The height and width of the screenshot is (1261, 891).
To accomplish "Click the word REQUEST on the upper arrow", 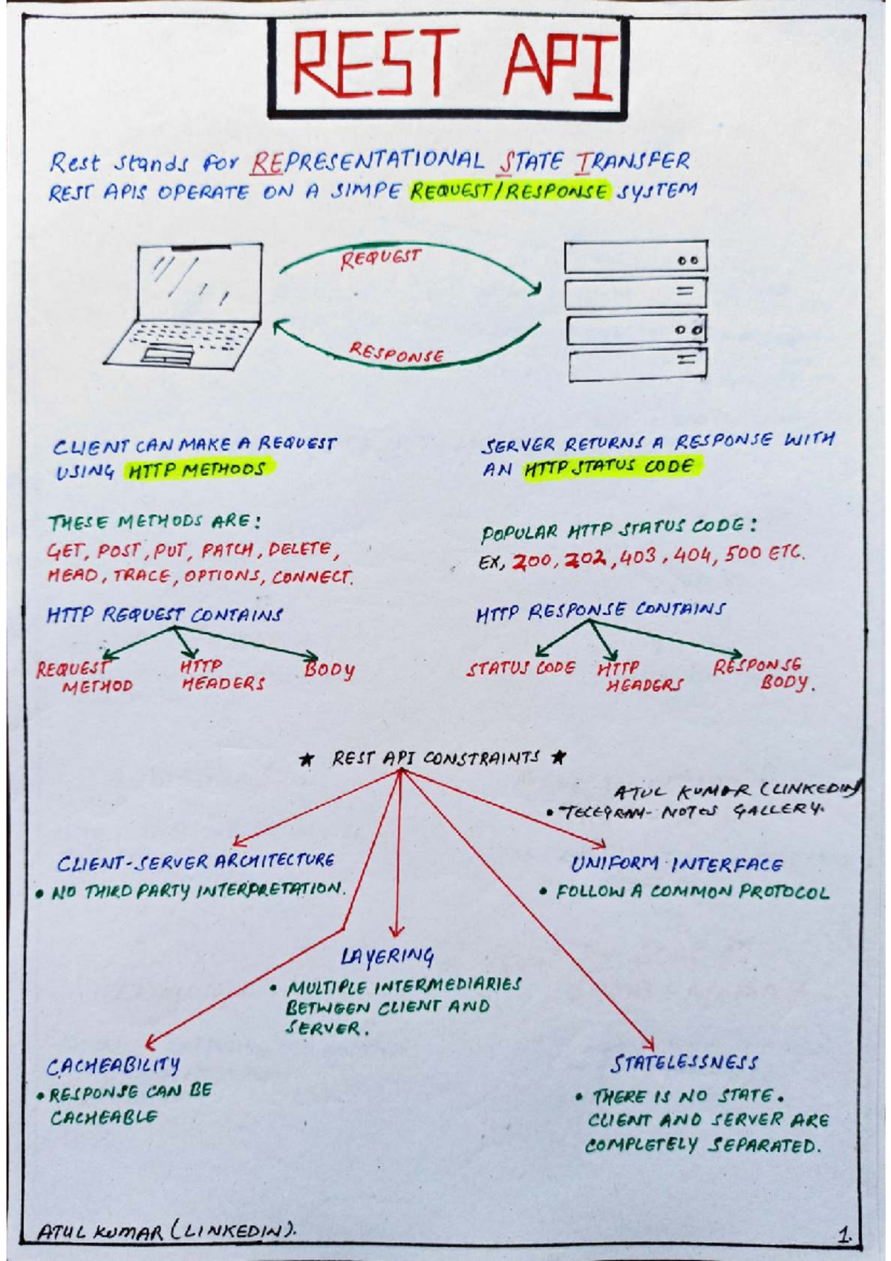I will click(x=380, y=258).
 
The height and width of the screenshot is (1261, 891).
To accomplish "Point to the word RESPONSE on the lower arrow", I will click(x=397, y=353).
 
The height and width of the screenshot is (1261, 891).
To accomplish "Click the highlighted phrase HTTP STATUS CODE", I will click(x=610, y=467).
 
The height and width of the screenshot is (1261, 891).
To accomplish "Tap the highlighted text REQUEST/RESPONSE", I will click(x=509, y=191).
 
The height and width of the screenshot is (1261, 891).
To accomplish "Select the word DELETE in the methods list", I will click(x=301, y=550).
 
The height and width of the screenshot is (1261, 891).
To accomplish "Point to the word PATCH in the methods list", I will click(x=227, y=550).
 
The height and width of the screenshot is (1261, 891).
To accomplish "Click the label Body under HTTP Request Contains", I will click(x=329, y=669).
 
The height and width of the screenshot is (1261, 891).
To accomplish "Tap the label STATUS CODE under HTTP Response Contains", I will click(x=520, y=668).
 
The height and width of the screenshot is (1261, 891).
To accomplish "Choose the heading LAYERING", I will click(x=388, y=956).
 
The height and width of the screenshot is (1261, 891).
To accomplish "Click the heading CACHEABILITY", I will click(x=113, y=1066).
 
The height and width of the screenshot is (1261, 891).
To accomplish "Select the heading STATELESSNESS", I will click(x=684, y=1063).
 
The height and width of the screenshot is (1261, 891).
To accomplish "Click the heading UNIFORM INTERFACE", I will click(x=676, y=864).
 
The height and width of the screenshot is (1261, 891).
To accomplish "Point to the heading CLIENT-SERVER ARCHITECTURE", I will click(x=196, y=862).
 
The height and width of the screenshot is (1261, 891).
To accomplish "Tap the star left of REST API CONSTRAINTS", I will click(x=306, y=760).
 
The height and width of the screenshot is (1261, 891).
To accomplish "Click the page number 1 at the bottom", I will click(x=844, y=1236).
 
